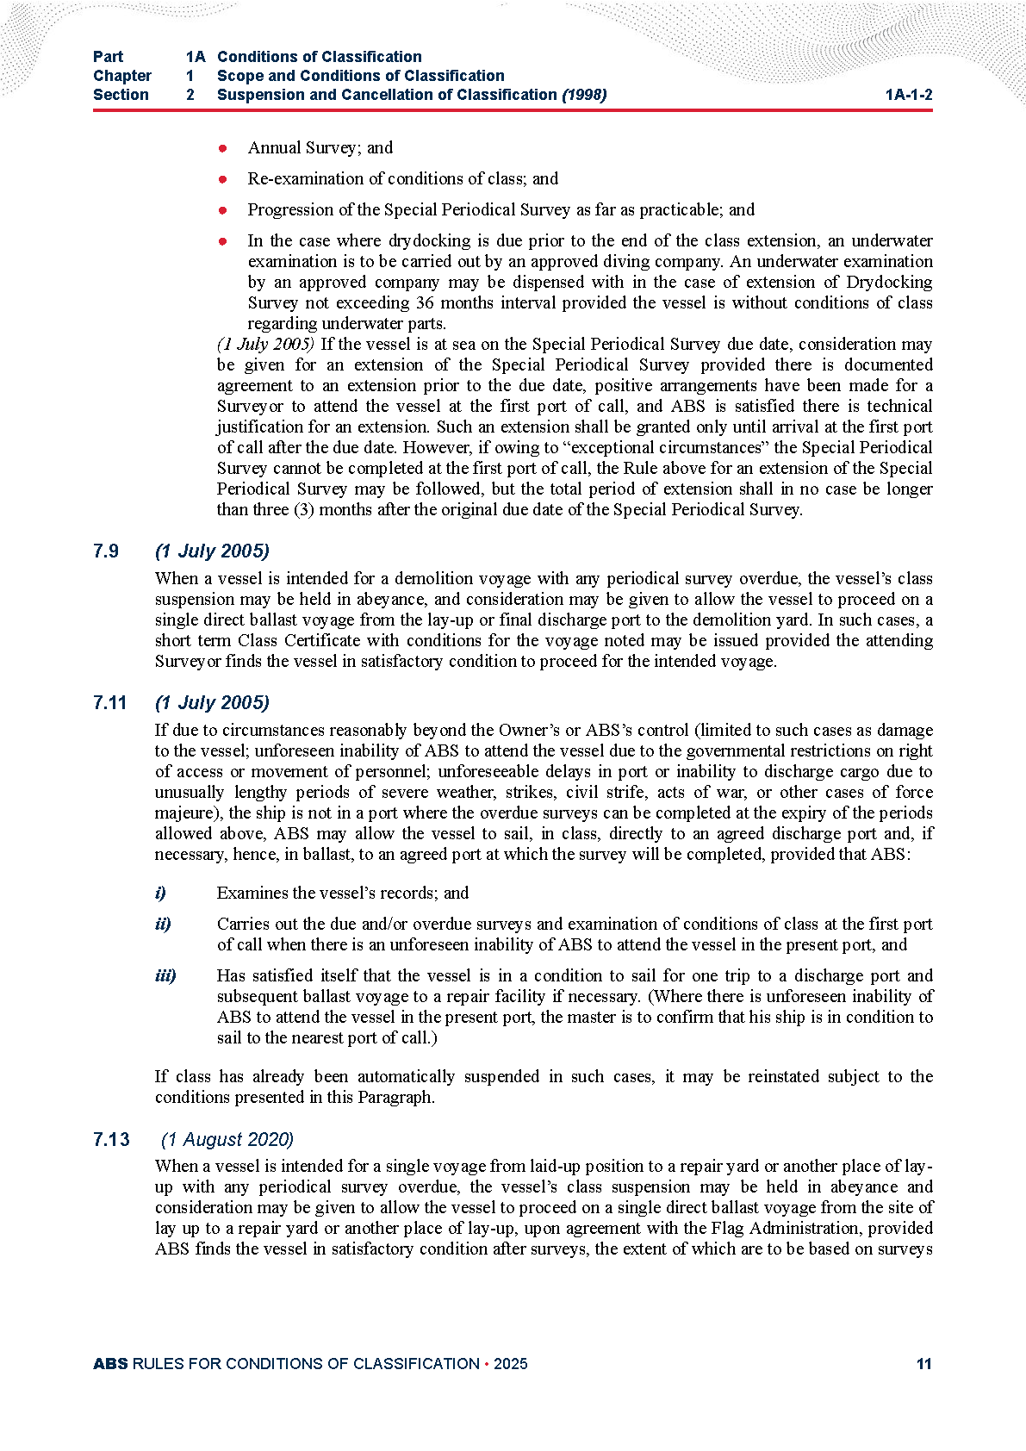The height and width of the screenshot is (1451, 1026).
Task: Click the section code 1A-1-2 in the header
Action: tap(908, 95)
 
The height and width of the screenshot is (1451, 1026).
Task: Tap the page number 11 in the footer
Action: tap(923, 1364)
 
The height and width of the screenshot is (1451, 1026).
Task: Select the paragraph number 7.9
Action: tap(106, 551)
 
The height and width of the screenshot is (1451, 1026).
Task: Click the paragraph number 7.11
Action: tap(109, 703)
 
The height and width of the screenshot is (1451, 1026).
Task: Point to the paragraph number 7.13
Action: tap(111, 1140)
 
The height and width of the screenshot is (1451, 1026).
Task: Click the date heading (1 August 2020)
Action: tap(227, 1140)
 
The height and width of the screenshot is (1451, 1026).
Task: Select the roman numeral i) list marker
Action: tap(160, 893)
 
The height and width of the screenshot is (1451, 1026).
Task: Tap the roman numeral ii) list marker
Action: tap(163, 924)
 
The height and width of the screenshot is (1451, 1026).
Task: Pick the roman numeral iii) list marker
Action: tap(165, 975)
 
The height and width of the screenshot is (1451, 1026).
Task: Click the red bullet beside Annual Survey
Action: tap(222, 148)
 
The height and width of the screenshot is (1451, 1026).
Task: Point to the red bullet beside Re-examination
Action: tap(222, 179)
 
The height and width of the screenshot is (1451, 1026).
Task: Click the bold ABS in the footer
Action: tap(110, 1364)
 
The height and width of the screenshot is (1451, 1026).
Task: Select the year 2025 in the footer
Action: tap(511, 1364)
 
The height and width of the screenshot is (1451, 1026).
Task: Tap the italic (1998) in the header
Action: tap(584, 95)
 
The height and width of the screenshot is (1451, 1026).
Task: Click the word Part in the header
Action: tap(108, 57)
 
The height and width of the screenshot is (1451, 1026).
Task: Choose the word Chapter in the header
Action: tap(122, 76)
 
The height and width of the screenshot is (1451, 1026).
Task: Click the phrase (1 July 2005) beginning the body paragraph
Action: tap(265, 344)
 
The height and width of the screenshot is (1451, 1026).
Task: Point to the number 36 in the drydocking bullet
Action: tap(425, 302)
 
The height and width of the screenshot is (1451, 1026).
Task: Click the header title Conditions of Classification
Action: tap(319, 57)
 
